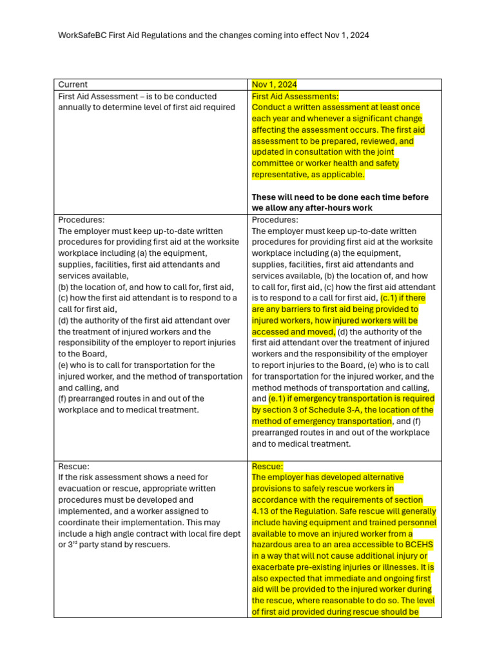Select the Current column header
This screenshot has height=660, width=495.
pyautogui.click(x=73, y=84)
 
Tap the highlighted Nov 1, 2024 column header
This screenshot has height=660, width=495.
pyautogui.click(x=275, y=84)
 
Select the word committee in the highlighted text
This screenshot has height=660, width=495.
pyautogui.click(x=272, y=163)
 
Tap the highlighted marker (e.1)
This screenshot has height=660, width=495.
pyautogui.click(x=281, y=398)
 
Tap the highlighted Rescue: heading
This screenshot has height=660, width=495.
pyautogui.click(x=267, y=466)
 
